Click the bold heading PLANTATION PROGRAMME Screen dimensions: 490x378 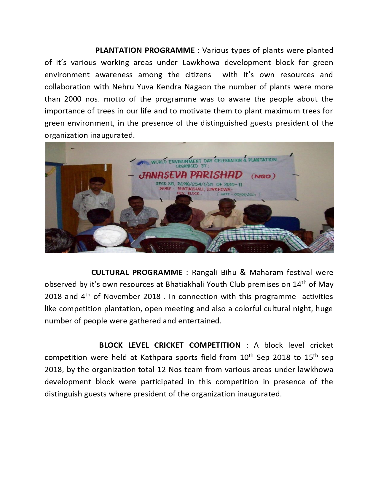click(x=145, y=50)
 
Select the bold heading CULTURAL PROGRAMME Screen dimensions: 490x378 click(x=137, y=272)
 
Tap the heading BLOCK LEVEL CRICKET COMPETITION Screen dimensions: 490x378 click(x=170, y=345)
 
